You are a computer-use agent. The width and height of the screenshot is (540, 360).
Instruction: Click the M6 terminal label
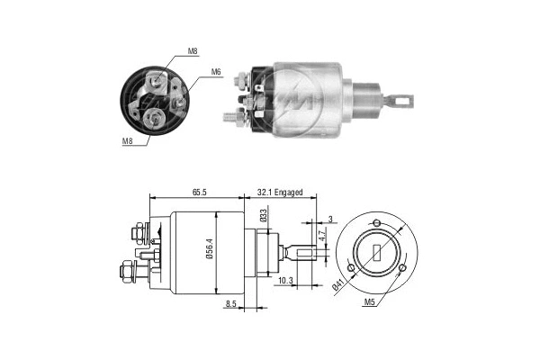coord(216,72)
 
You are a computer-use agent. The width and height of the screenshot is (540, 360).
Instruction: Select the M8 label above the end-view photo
coord(192,52)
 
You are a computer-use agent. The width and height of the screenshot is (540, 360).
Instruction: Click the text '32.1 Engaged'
coord(280,193)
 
